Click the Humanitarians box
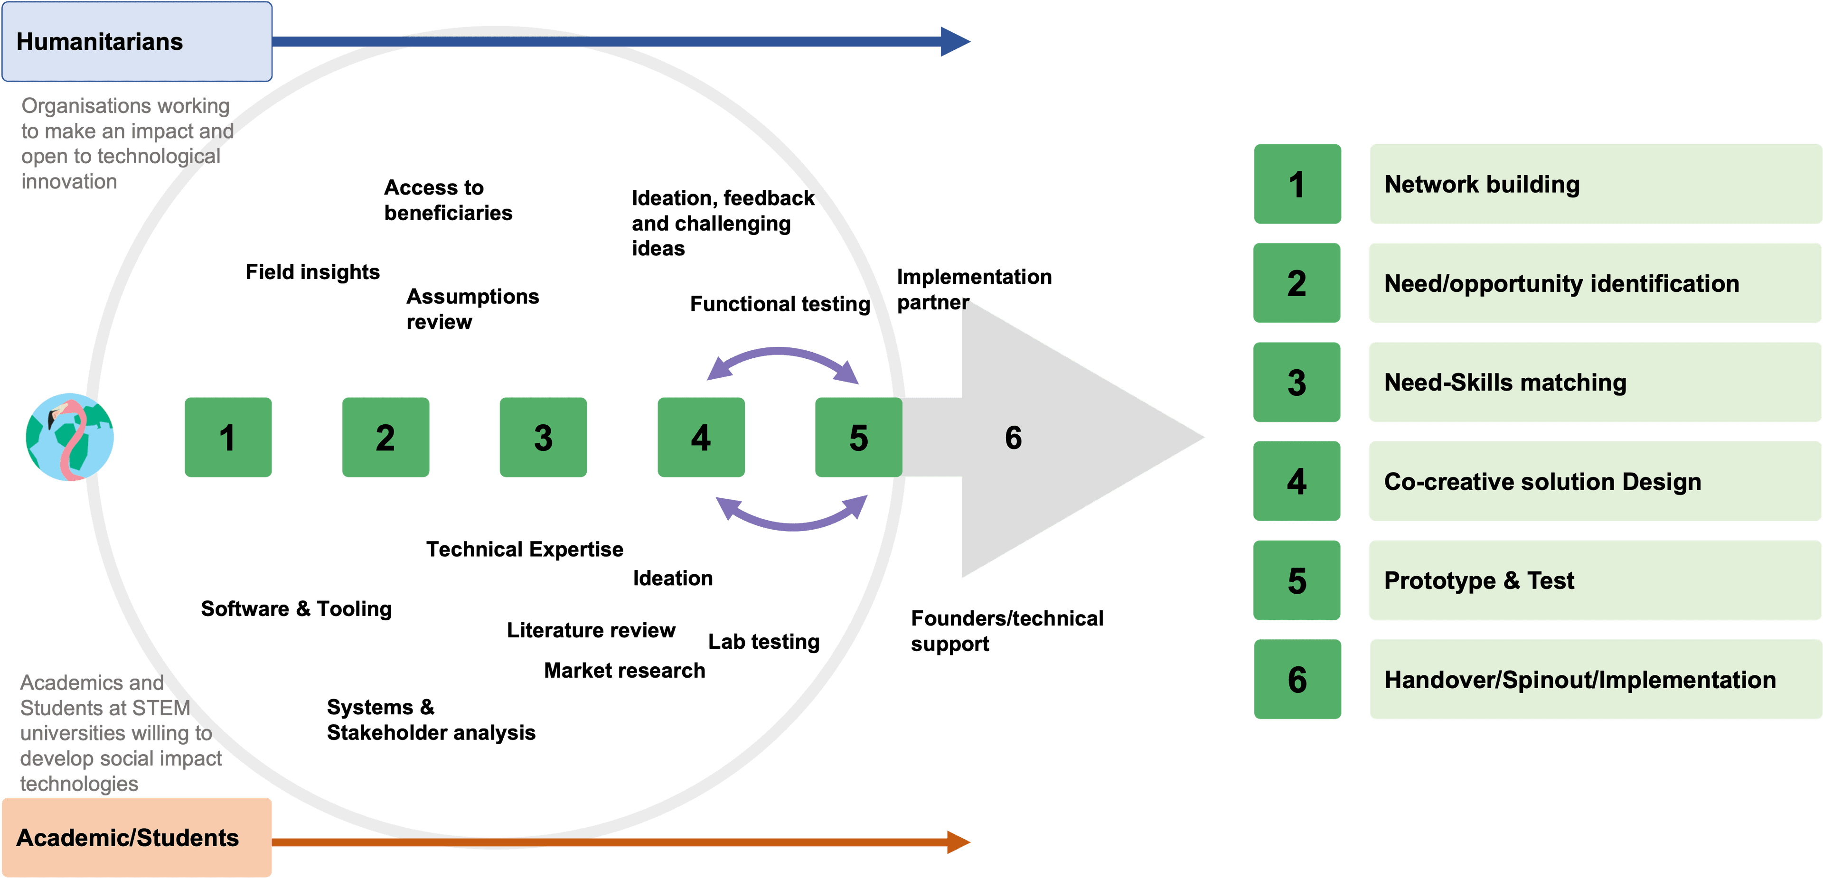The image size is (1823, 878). tap(137, 41)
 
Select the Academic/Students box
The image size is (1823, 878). tap(137, 837)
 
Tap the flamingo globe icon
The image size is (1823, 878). tap(69, 437)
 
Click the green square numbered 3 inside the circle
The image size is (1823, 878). tap(543, 437)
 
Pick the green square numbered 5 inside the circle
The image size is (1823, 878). tap(858, 437)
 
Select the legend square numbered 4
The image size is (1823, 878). tap(1297, 481)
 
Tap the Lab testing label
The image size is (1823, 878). tap(763, 641)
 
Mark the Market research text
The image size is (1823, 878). tap(624, 670)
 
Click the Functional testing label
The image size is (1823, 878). tap(780, 304)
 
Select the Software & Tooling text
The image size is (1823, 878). tap(296, 608)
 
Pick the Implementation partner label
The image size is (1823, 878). tap(973, 289)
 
